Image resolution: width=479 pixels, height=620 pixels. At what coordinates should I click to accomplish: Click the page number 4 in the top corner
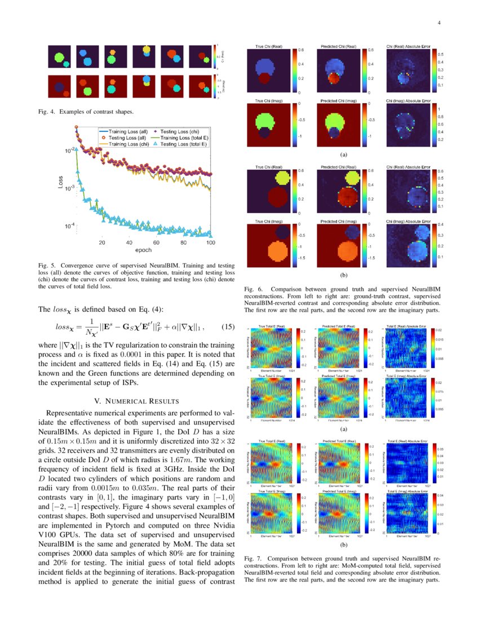point(438,23)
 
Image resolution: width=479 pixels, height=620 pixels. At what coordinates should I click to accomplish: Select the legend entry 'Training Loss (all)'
point(126,131)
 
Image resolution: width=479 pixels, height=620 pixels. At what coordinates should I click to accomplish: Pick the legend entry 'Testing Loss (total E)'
point(184,144)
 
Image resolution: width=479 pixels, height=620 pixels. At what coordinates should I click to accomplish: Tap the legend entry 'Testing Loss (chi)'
point(184,131)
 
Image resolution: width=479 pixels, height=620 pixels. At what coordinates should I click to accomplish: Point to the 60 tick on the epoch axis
point(156,243)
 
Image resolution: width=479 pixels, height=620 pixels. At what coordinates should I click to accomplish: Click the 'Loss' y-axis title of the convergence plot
point(60,183)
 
